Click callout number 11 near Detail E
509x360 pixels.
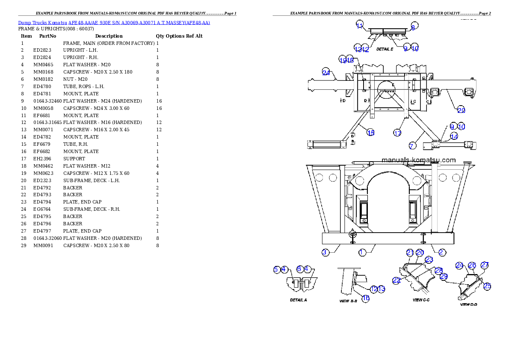click(359, 25)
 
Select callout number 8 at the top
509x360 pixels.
click(413, 27)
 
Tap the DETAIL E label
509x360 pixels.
click(385, 49)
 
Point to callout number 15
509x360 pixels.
click(371, 133)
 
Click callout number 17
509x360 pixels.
click(397, 133)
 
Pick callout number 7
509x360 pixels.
click(412, 146)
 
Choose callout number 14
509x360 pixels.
click(454, 136)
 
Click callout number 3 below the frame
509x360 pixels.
click(325, 252)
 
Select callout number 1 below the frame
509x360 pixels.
click(362, 252)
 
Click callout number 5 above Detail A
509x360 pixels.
click(277, 269)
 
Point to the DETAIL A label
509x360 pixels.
click(298, 300)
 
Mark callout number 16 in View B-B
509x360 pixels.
click(366, 298)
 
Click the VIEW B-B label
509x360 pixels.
click(348, 301)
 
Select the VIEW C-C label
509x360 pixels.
click(421, 300)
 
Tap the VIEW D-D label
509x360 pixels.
click(468, 305)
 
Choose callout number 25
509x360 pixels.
click(487, 286)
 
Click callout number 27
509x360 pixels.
click(484, 265)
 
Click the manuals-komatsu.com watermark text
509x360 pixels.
click(418, 160)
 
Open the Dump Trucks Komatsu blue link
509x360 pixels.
click(114, 22)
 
